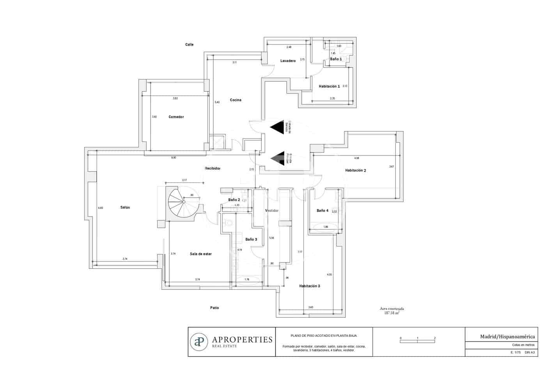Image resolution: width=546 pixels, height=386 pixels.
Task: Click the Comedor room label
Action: tap(176, 117)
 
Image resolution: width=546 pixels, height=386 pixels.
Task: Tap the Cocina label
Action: tap(236, 100)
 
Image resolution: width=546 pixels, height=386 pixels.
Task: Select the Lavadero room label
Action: tap(288, 61)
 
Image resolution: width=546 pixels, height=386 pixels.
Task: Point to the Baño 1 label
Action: tap(336, 59)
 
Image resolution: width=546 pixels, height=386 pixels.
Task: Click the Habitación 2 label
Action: tap(355, 170)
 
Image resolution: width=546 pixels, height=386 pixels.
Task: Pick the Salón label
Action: tap(125, 207)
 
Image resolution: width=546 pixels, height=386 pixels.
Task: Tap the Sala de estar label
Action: tap(201, 254)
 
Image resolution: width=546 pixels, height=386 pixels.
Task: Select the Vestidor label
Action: tap(272, 211)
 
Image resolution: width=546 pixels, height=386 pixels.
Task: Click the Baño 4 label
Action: tap(322, 211)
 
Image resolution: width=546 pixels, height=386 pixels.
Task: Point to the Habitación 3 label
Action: tap(310, 286)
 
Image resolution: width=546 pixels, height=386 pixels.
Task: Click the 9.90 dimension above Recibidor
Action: tap(174, 158)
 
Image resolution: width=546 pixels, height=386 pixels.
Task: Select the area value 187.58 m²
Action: tap(392, 313)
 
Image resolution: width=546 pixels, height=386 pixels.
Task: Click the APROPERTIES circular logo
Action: tap(199, 342)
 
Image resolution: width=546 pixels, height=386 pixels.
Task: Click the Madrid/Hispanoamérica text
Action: tap(507, 336)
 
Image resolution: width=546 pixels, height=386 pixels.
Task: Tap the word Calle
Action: tap(189, 45)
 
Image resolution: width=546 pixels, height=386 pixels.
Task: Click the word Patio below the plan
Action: tap(214, 308)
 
